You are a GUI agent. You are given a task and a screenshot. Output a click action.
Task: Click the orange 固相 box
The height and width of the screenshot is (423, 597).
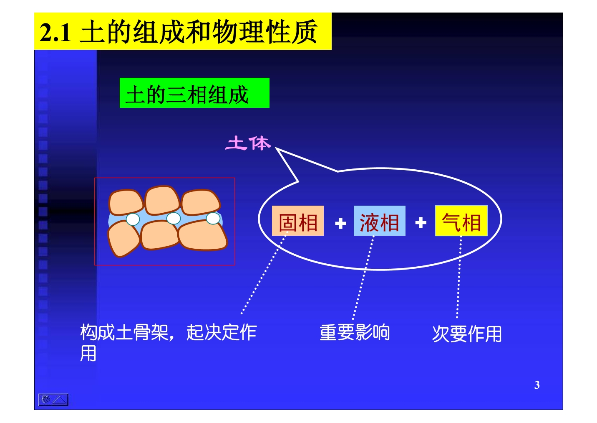[x=298, y=221]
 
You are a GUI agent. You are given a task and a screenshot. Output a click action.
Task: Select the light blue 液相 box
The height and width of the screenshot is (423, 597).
[x=380, y=221]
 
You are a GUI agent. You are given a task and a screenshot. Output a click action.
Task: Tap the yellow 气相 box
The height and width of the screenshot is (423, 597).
[x=461, y=221]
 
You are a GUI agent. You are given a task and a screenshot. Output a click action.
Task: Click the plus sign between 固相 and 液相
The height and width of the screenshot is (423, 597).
[x=340, y=223]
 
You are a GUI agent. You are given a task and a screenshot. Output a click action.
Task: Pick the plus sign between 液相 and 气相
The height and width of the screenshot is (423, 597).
[x=421, y=222]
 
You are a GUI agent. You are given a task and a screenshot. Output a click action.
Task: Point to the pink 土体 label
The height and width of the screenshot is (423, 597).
[x=248, y=143]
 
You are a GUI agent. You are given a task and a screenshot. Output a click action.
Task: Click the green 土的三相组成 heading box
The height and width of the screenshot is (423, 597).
[x=194, y=93]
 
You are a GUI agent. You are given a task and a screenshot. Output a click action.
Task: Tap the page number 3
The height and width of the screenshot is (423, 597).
[x=537, y=385]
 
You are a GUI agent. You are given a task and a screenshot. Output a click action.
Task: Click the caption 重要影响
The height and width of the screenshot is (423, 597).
[x=355, y=332]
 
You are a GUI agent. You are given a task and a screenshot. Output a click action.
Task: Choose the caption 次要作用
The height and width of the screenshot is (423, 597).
[x=467, y=334]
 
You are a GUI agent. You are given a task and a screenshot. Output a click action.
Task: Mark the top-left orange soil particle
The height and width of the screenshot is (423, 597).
[x=126, y=202]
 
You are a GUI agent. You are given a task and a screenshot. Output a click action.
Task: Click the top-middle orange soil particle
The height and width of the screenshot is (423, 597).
[x=162, y=200]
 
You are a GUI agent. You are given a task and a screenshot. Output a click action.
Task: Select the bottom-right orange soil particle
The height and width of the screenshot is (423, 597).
[x=203, y=235]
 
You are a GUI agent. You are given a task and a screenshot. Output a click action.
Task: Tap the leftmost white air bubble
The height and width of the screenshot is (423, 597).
[x=133, y=219]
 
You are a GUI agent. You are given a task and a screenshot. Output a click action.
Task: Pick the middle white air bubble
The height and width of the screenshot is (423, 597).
[x=174, y=218]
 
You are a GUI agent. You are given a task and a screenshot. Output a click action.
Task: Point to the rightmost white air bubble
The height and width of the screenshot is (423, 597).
[x=213, y=218]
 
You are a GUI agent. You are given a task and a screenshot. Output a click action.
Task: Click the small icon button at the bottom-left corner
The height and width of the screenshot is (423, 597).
[x=53, y=400]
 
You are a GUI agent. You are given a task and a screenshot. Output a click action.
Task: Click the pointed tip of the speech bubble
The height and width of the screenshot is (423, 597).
[x=276, y=148]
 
